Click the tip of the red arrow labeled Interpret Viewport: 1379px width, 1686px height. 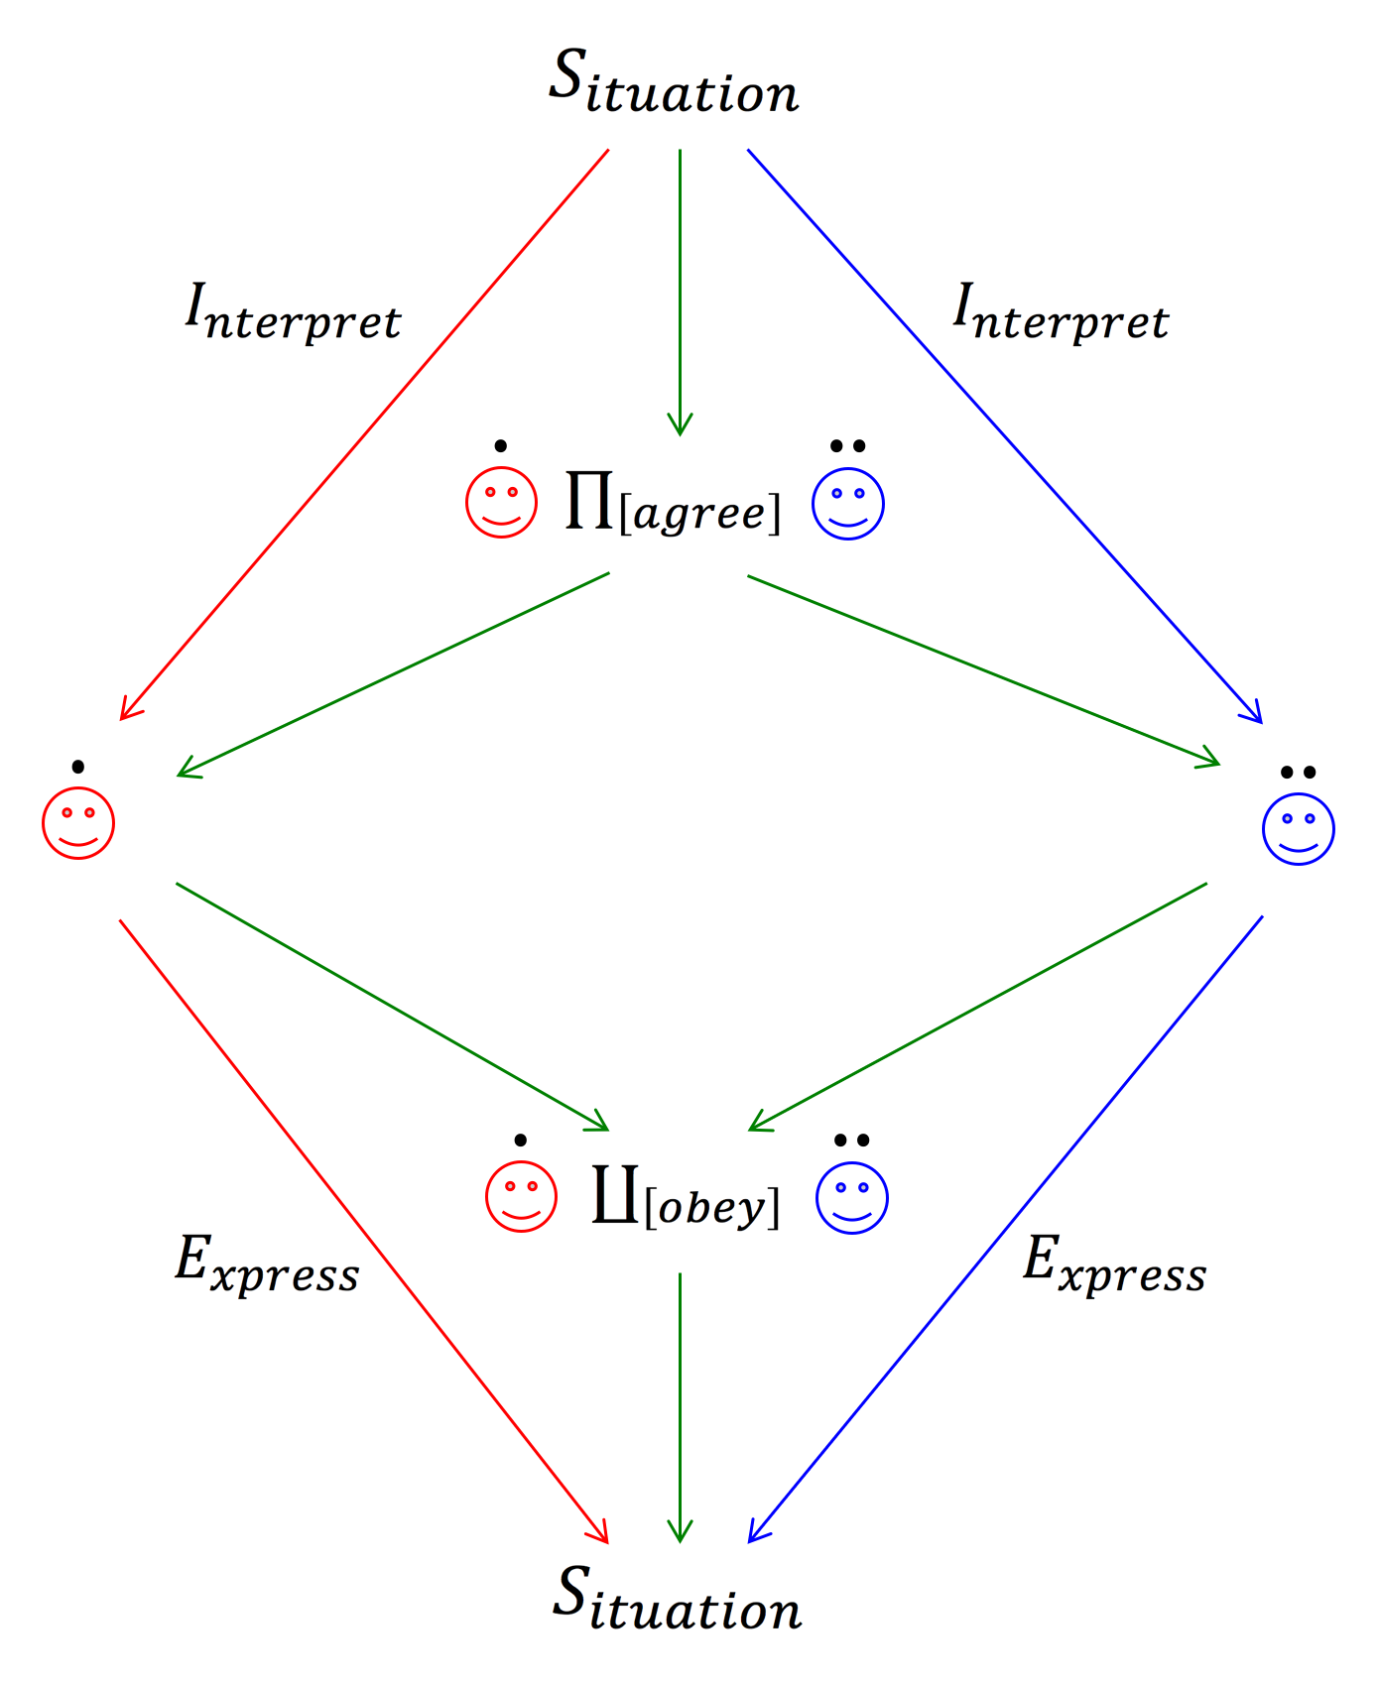(x=120, y=720)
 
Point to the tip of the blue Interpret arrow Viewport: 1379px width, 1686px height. (x=1262, y=723)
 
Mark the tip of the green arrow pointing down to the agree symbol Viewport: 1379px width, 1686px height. (x=680, y=435)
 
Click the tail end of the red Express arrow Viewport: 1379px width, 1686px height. (x=120, y=920)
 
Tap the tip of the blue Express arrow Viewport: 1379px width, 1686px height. (x=749, y=1543)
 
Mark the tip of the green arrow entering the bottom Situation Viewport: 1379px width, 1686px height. (x=680, y=1543)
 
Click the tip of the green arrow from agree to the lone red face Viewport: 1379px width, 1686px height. (x=177, y=776)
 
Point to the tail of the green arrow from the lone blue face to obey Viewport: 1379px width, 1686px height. (x=1206, y=883)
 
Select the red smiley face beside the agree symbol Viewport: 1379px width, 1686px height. (x=502, y=502)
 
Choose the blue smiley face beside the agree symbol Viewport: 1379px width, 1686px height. (x=848, y=503)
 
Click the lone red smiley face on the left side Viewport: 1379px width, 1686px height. (x=78, y=823)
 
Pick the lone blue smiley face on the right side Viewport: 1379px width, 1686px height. (x=1299, y=829)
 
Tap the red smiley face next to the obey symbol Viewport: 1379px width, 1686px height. (x=522, y=1196)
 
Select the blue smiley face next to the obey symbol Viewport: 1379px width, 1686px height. (x=852, y=1197)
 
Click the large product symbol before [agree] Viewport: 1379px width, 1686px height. (x=589, y=500)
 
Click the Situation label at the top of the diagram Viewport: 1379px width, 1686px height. (x=675, y=82)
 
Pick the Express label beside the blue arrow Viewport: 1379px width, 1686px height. (x=1115, y=1264)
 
